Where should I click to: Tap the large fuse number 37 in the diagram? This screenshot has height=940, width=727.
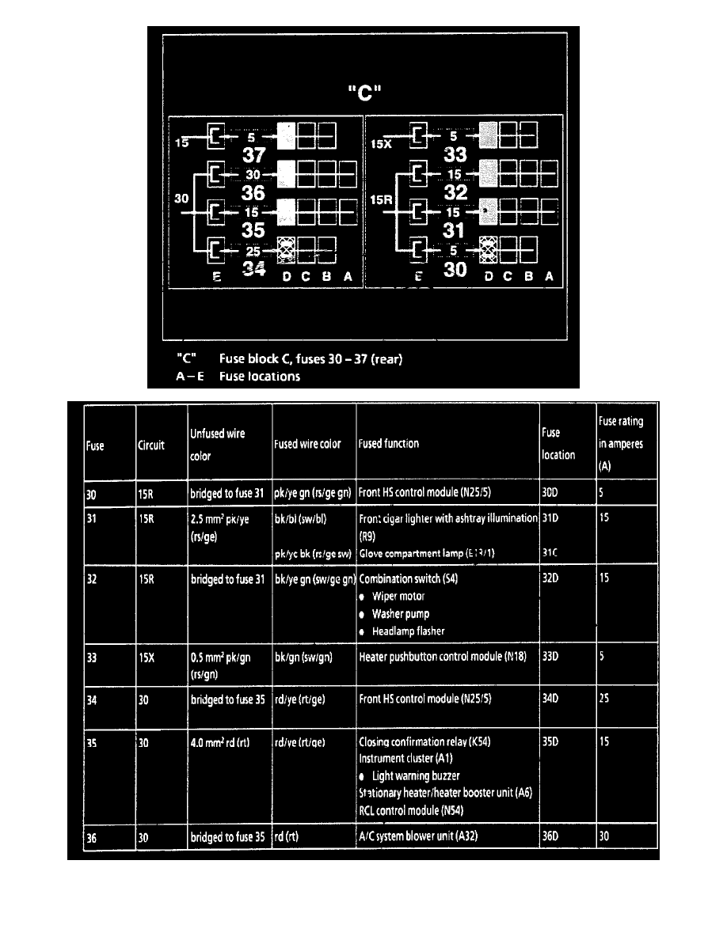click(253, 156)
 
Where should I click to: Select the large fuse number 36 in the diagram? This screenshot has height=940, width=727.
click(253, 192)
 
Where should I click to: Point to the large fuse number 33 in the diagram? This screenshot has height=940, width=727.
click(455, 156)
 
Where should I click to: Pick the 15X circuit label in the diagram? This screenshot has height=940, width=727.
click(382, 144)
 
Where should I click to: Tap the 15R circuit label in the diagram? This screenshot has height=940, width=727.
click(382, 201)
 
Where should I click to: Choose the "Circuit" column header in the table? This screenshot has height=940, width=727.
click(151, 445)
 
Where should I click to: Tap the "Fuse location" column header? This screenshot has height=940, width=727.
click(558, 444)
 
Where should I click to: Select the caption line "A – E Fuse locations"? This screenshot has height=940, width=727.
click(238, 377)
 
